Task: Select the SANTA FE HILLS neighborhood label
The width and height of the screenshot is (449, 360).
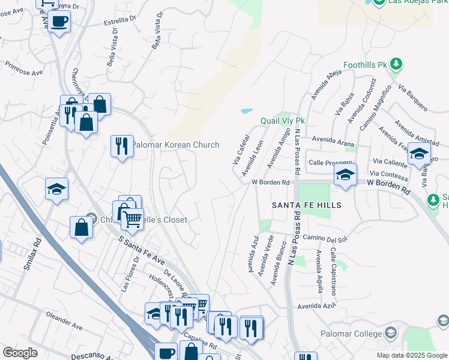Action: pos(307,205)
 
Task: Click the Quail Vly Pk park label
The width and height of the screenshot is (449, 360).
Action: pos(283,121)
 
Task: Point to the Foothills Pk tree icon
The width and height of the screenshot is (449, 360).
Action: pos(396,64)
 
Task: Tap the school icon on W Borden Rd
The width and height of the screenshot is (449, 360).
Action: pos(345,175)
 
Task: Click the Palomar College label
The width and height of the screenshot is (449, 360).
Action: pos(351,334)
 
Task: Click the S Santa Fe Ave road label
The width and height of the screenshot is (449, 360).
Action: pos(142,251)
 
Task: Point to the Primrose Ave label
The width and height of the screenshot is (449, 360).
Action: pos(23,68)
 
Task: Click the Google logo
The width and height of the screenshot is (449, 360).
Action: pos(20,352)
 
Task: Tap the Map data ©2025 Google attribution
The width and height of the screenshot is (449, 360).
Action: pos(411,355)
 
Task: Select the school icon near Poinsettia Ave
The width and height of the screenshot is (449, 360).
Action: pos(56,189)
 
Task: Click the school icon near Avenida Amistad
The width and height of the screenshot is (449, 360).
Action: pos(419,155)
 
